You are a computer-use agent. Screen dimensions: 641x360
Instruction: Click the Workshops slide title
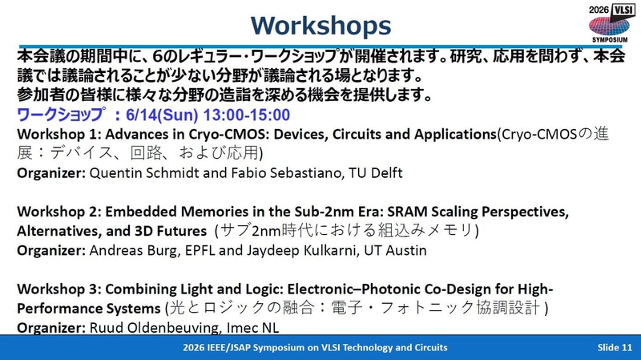pos(321,26)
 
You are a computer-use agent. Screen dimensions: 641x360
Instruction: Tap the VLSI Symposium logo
pos(610,23)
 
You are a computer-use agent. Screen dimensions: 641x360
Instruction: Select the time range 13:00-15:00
pos(247,115)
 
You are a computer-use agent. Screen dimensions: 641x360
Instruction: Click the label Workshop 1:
pos(58,134)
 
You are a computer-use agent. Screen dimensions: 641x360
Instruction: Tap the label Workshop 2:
pos(58,212)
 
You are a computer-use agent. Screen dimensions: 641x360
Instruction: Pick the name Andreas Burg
pos(134,250)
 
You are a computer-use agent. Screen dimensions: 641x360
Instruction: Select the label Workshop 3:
pos(58,289)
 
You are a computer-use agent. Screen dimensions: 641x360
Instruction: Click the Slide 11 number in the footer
pos(615,347)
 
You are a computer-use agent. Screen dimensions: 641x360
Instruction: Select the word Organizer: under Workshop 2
pos(51,250)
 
